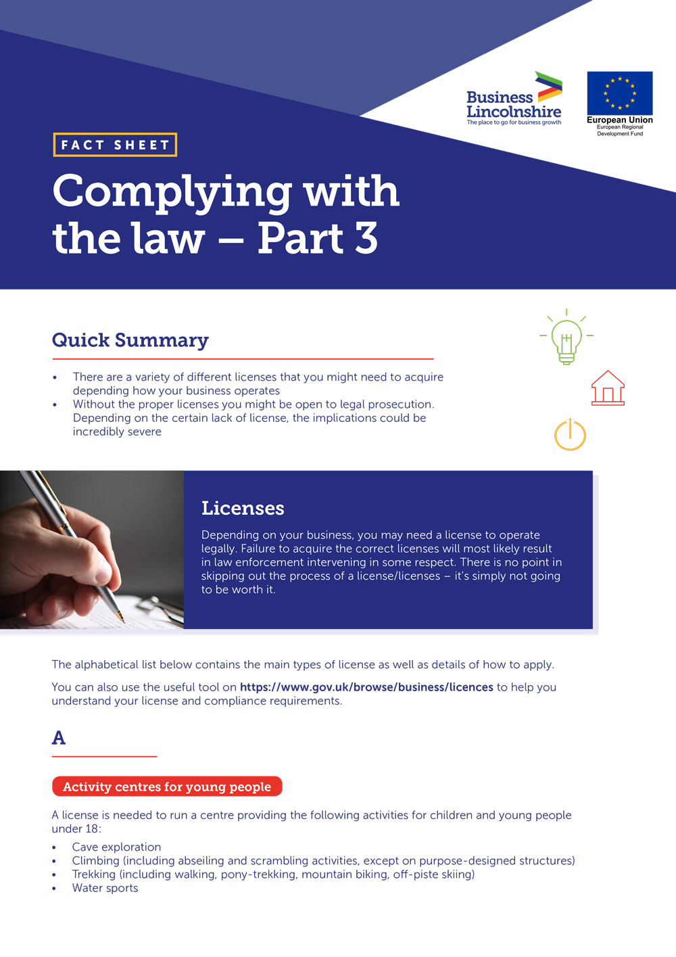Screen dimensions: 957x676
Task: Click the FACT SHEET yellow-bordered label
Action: (x=115, y=145)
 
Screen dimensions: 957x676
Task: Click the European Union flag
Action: (x=619, y=93)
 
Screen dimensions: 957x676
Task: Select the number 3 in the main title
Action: (x=366, y=238)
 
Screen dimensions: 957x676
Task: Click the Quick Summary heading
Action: (x=130, y=340)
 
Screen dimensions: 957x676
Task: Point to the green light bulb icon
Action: (x=566, y=338)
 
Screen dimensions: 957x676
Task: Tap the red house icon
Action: (x=608, y=388)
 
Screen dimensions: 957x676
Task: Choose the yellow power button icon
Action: (x=570, y=435)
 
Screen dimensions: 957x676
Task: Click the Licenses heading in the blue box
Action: (x=243, y=508)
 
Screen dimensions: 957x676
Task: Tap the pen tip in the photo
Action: (x=121, y=617)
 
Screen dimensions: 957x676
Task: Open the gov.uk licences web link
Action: (x=366, y=687)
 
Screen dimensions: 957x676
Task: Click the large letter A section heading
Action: (x=59, y=737)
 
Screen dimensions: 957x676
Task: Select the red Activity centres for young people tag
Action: (x=167, y=787)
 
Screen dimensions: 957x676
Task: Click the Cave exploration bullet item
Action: (x=116, y=847)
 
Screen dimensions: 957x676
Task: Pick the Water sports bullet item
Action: (x=105, y=888)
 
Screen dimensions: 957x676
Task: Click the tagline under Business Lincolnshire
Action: (x=514, y=122)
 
